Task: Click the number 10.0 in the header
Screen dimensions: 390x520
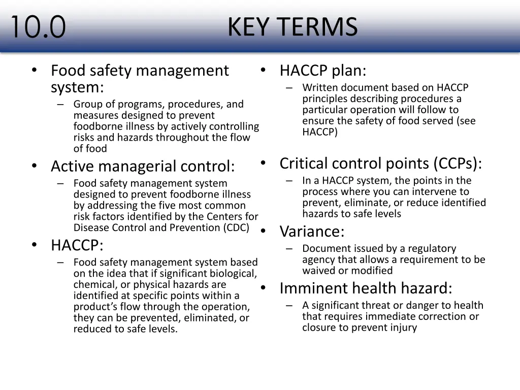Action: (x=38, y=27)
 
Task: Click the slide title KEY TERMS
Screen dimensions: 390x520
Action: (x=292, y=27)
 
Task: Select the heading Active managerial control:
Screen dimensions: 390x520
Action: (x=143, y=166)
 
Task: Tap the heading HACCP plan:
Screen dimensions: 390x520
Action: (x=322, y=71)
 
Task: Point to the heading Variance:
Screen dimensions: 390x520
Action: (x=312, y=232)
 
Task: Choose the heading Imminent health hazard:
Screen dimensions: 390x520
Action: (x=366, y=288)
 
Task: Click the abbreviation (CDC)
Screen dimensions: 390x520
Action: (x=236, y=227)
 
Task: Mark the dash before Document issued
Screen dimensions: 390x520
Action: (x=289, y=249)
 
